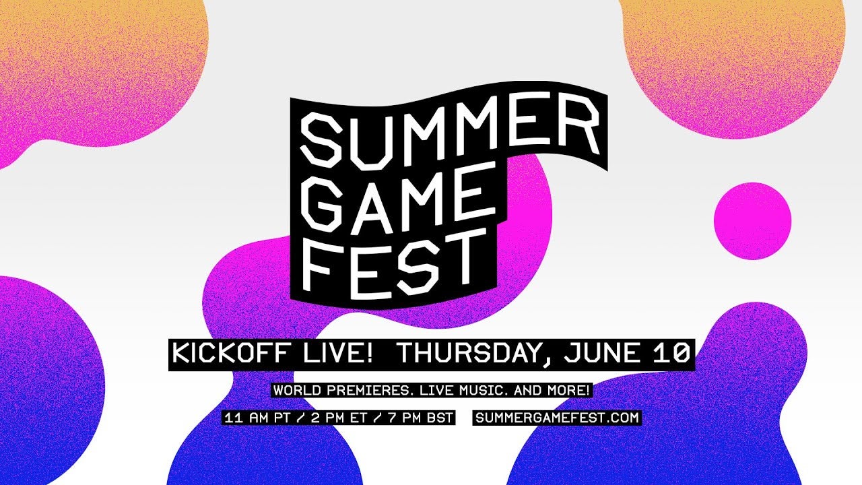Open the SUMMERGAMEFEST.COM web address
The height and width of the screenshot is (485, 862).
[x=557, y=418]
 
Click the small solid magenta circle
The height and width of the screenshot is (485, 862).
[x=752, y=220]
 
